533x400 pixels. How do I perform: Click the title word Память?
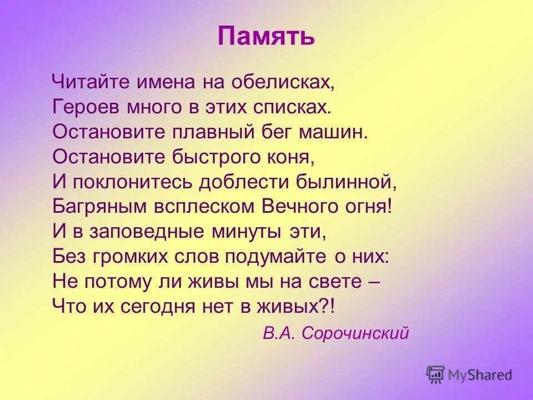pyautogui.click(x=266, y=37)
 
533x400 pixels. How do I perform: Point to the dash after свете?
pyautogui.click(x=374, y=281)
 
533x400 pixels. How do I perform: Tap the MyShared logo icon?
pyautogui.click(x=436, y=374)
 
